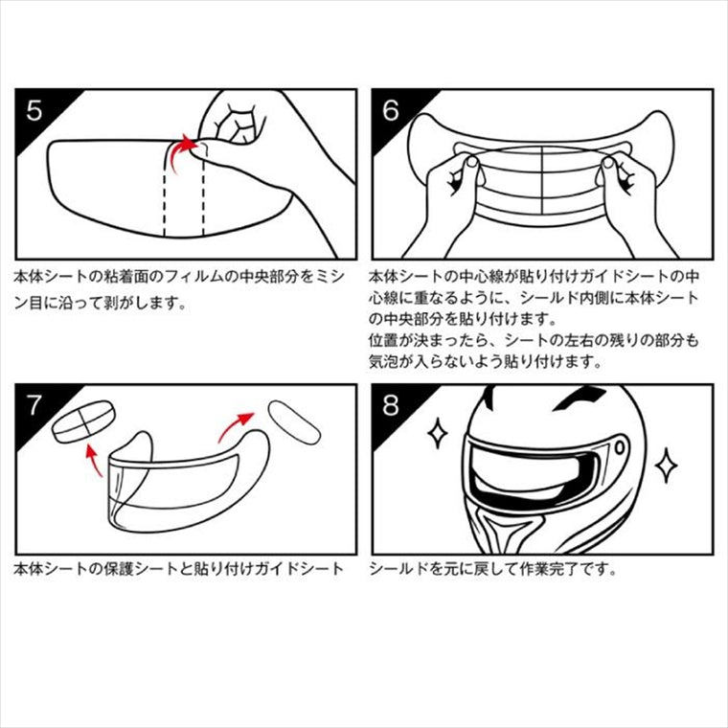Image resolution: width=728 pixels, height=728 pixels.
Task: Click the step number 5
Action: (x=34, y=110)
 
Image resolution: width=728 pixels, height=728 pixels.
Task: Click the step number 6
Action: (x=391, y=110)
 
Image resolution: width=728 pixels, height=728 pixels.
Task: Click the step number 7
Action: (x=34, y=405)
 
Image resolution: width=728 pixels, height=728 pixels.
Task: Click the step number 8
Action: (x=391, y=405)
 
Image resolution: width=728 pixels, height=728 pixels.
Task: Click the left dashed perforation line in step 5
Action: (x=165, y=191)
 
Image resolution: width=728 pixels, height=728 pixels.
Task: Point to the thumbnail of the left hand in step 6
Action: (x=472, y=162)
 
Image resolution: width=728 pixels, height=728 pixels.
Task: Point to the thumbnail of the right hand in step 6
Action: (x=607, y=163)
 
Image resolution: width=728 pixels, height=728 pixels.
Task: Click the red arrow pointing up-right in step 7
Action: (x=235, y=425)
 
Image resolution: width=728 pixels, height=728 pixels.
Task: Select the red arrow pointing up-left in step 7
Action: (x=93, y=460)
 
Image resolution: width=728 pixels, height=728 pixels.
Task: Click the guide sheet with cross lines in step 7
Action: (x=83, y=421)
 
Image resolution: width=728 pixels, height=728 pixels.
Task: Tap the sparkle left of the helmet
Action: (x=438, y=434)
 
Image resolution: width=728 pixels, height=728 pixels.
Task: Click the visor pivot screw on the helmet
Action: (x=620, y=448)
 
